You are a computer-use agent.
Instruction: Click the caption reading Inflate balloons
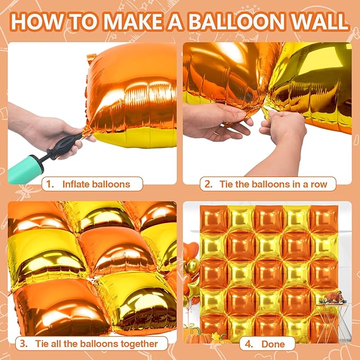pos(95,185)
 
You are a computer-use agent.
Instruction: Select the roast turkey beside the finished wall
pos(333,297)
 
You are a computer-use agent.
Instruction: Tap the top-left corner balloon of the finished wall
pos(214,219)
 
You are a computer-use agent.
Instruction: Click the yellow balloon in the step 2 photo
pos(313,85)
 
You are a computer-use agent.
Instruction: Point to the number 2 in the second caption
pos(208,185)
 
